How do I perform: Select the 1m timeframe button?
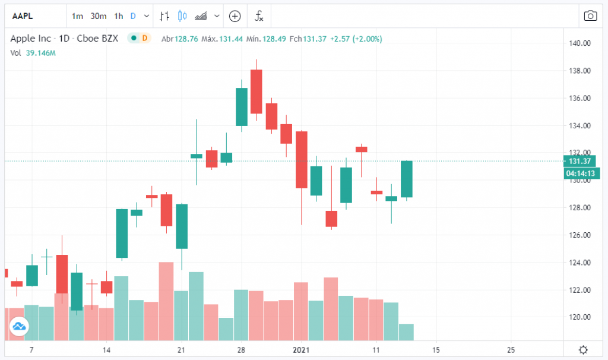tap(77, 16)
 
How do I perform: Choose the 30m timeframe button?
tap(99, 16)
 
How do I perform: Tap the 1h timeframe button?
tap(119, 16)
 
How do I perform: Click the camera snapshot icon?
tap(590, 16)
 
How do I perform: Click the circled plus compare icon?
tap(235, 16)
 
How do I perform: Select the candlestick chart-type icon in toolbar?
tap(182, 16)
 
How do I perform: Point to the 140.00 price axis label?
tap(579, 43)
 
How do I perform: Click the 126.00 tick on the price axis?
tap(579, 235)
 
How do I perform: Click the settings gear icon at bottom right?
tap(584, 349)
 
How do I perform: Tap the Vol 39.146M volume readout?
tap(33, 53)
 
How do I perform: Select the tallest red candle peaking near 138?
tap(256, 91)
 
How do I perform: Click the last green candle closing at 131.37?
tap(406, 179)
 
